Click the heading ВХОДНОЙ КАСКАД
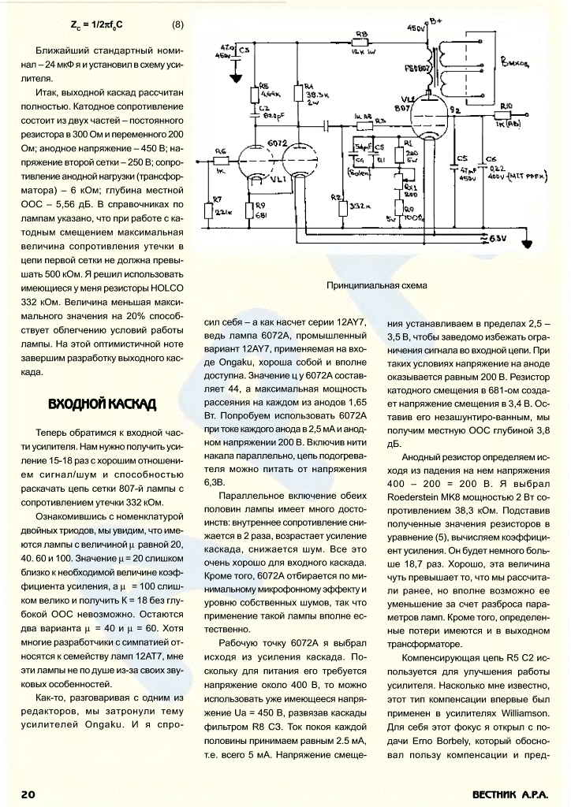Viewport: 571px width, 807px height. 102,404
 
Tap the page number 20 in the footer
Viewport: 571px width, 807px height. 28,794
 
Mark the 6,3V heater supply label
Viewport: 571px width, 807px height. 496,236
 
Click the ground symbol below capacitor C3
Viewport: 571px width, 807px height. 234,79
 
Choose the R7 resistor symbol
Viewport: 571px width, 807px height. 210,211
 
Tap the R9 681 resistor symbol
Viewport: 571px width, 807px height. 250,210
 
